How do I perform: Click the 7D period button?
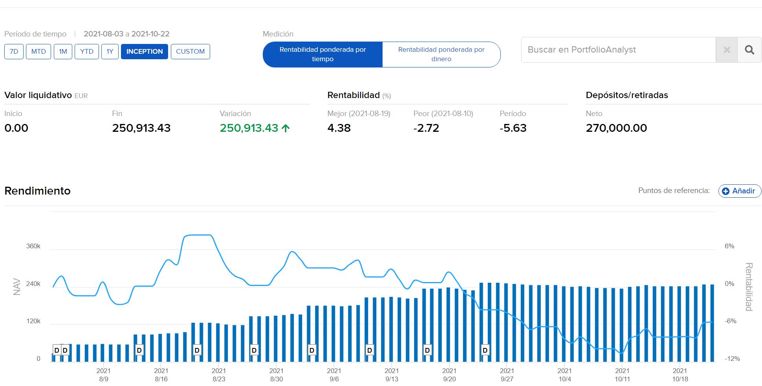point(14,51)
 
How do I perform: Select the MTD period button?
point(38,51)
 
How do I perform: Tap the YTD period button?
point(86,51)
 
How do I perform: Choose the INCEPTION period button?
point(144,51)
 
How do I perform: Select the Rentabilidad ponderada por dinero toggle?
point(441,54)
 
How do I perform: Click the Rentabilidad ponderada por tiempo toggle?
point(322,54)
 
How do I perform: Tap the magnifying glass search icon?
point(749,50)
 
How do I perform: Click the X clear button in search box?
point(727,50)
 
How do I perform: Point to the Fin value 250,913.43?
point(141,128)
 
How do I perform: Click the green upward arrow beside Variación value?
point(286,128)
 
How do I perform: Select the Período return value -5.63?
point(513,128)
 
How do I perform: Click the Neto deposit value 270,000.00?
point(616,128)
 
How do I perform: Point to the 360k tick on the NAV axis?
point(33,246)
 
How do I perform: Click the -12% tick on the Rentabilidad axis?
point(732,359)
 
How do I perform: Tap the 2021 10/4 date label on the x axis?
point(564,375)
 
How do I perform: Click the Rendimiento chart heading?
point(37,191)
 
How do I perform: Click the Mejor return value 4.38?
point(339,128)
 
